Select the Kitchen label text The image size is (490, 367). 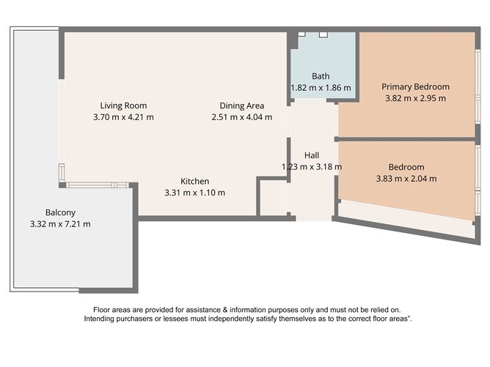coord(195,181)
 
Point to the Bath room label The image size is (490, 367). coord(321,75)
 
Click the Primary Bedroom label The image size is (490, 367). coord(415,86)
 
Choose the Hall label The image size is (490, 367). coord(312,155)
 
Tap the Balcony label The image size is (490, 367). coord(60,212)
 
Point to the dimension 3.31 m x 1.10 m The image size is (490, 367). coord(195,193)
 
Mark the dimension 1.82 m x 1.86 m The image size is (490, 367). coord(321,87)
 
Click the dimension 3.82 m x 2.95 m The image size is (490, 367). coord(415,97)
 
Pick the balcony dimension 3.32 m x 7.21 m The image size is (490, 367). coord(60,223)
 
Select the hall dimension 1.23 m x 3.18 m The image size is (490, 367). coord(312,166)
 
